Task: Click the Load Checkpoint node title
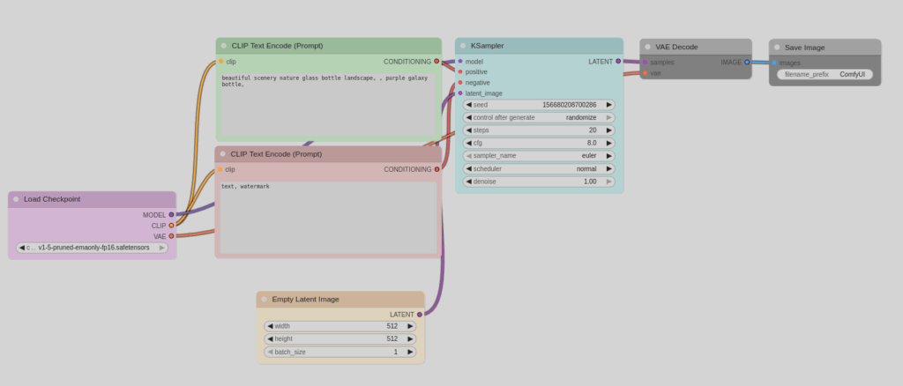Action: tap(52, 199)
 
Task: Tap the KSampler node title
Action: tap(488, 46)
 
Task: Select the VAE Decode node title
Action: tap(678, 47)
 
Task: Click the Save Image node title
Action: tap(805, 47)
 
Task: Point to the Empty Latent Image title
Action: tap(305, 300)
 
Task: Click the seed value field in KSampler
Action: tap(539, 105)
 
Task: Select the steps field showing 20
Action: tap(539, 130)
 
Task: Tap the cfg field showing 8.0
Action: tap(539, 143)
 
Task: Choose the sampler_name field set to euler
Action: tap(539, 156)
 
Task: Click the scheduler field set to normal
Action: tap(539, 168)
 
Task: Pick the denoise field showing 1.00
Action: tap(539, 182)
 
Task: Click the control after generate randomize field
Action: tap(539, 117)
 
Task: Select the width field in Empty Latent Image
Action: tap(340, 326)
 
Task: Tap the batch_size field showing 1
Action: tap(340, 352)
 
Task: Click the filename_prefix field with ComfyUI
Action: tap(825, 75)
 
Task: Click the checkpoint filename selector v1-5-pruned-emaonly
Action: tap(93, 248)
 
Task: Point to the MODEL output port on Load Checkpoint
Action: tap(171, 215)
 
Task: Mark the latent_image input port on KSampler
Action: tap(460, 93)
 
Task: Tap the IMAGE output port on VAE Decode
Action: tap(747, 62)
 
